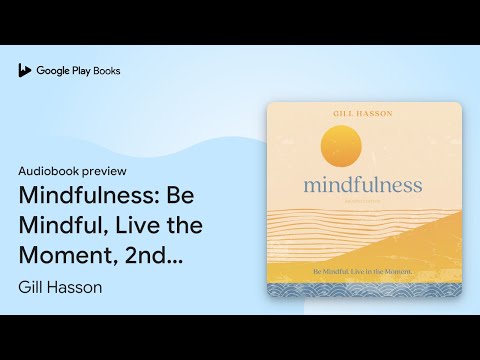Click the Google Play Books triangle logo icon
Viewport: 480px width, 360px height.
pos(25,70)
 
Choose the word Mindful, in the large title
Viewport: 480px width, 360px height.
pos(61,225)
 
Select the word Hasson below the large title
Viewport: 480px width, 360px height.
pos(83,288)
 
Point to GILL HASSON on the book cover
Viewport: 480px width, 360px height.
pos(364,115)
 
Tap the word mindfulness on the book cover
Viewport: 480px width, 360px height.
pos(364,185)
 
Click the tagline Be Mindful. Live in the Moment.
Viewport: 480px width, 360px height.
pos(364,270)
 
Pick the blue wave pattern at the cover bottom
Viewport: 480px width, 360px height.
pos(364,288)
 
